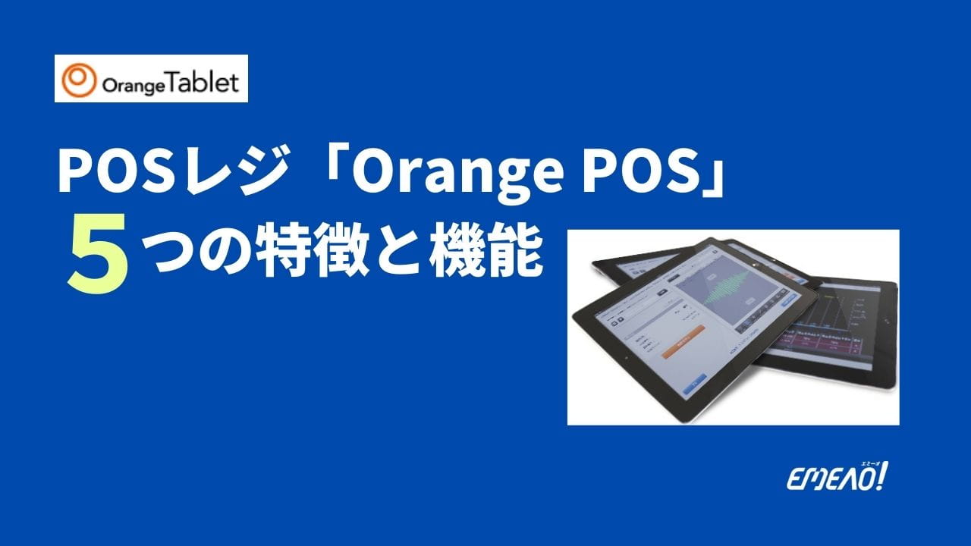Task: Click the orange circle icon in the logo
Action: (x=77, y=80)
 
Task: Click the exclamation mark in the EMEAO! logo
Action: (x=883, y=477)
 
